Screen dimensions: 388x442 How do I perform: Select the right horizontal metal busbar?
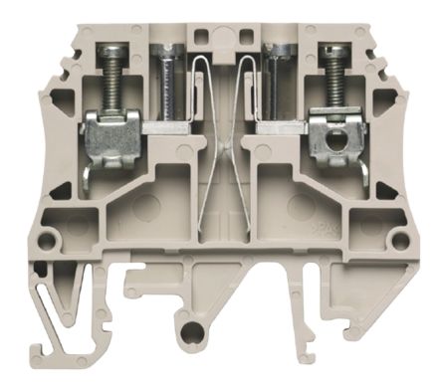282,127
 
